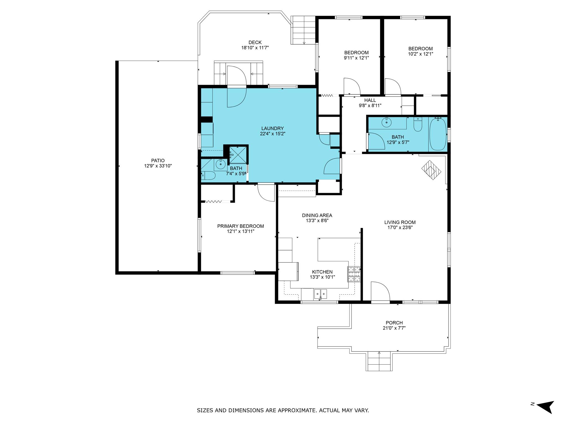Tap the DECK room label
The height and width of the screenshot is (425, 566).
(255, 42)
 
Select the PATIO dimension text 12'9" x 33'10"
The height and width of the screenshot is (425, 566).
(158, 166)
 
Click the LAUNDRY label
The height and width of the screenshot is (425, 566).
(272, 128)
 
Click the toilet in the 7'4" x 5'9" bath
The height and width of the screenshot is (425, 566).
(208, 175)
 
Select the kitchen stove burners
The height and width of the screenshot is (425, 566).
(354, 274)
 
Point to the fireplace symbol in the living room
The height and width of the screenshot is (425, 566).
(431, 170)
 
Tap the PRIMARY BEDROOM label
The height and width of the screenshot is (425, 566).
(240, 226)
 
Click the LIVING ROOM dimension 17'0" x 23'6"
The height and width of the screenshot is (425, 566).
(400, 228)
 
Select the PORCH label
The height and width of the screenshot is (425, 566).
(394, 323)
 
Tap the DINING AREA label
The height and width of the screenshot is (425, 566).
(317, 215)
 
